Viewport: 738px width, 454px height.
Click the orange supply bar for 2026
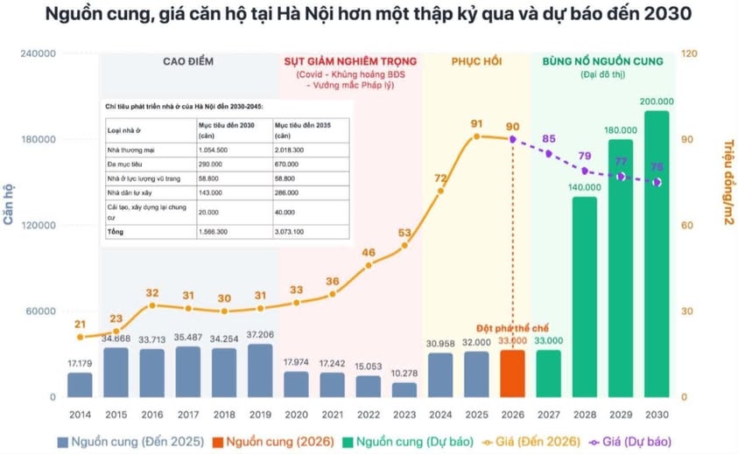click(x=512, y=374)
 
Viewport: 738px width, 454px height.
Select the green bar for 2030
click(x=657, y=254)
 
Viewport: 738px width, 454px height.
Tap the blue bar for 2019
click(x=260, y=370)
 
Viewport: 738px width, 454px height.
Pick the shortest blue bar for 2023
click(x=404, y=389)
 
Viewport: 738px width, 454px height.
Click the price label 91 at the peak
click(x=476, y=123)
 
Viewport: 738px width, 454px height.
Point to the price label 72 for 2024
click(x=440, y=178)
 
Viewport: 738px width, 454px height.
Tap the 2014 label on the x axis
click(x=80, y=414)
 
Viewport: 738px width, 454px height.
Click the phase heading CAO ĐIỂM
click(x=188, y=62)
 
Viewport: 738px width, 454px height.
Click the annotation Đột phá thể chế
click(x=511, y=328)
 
